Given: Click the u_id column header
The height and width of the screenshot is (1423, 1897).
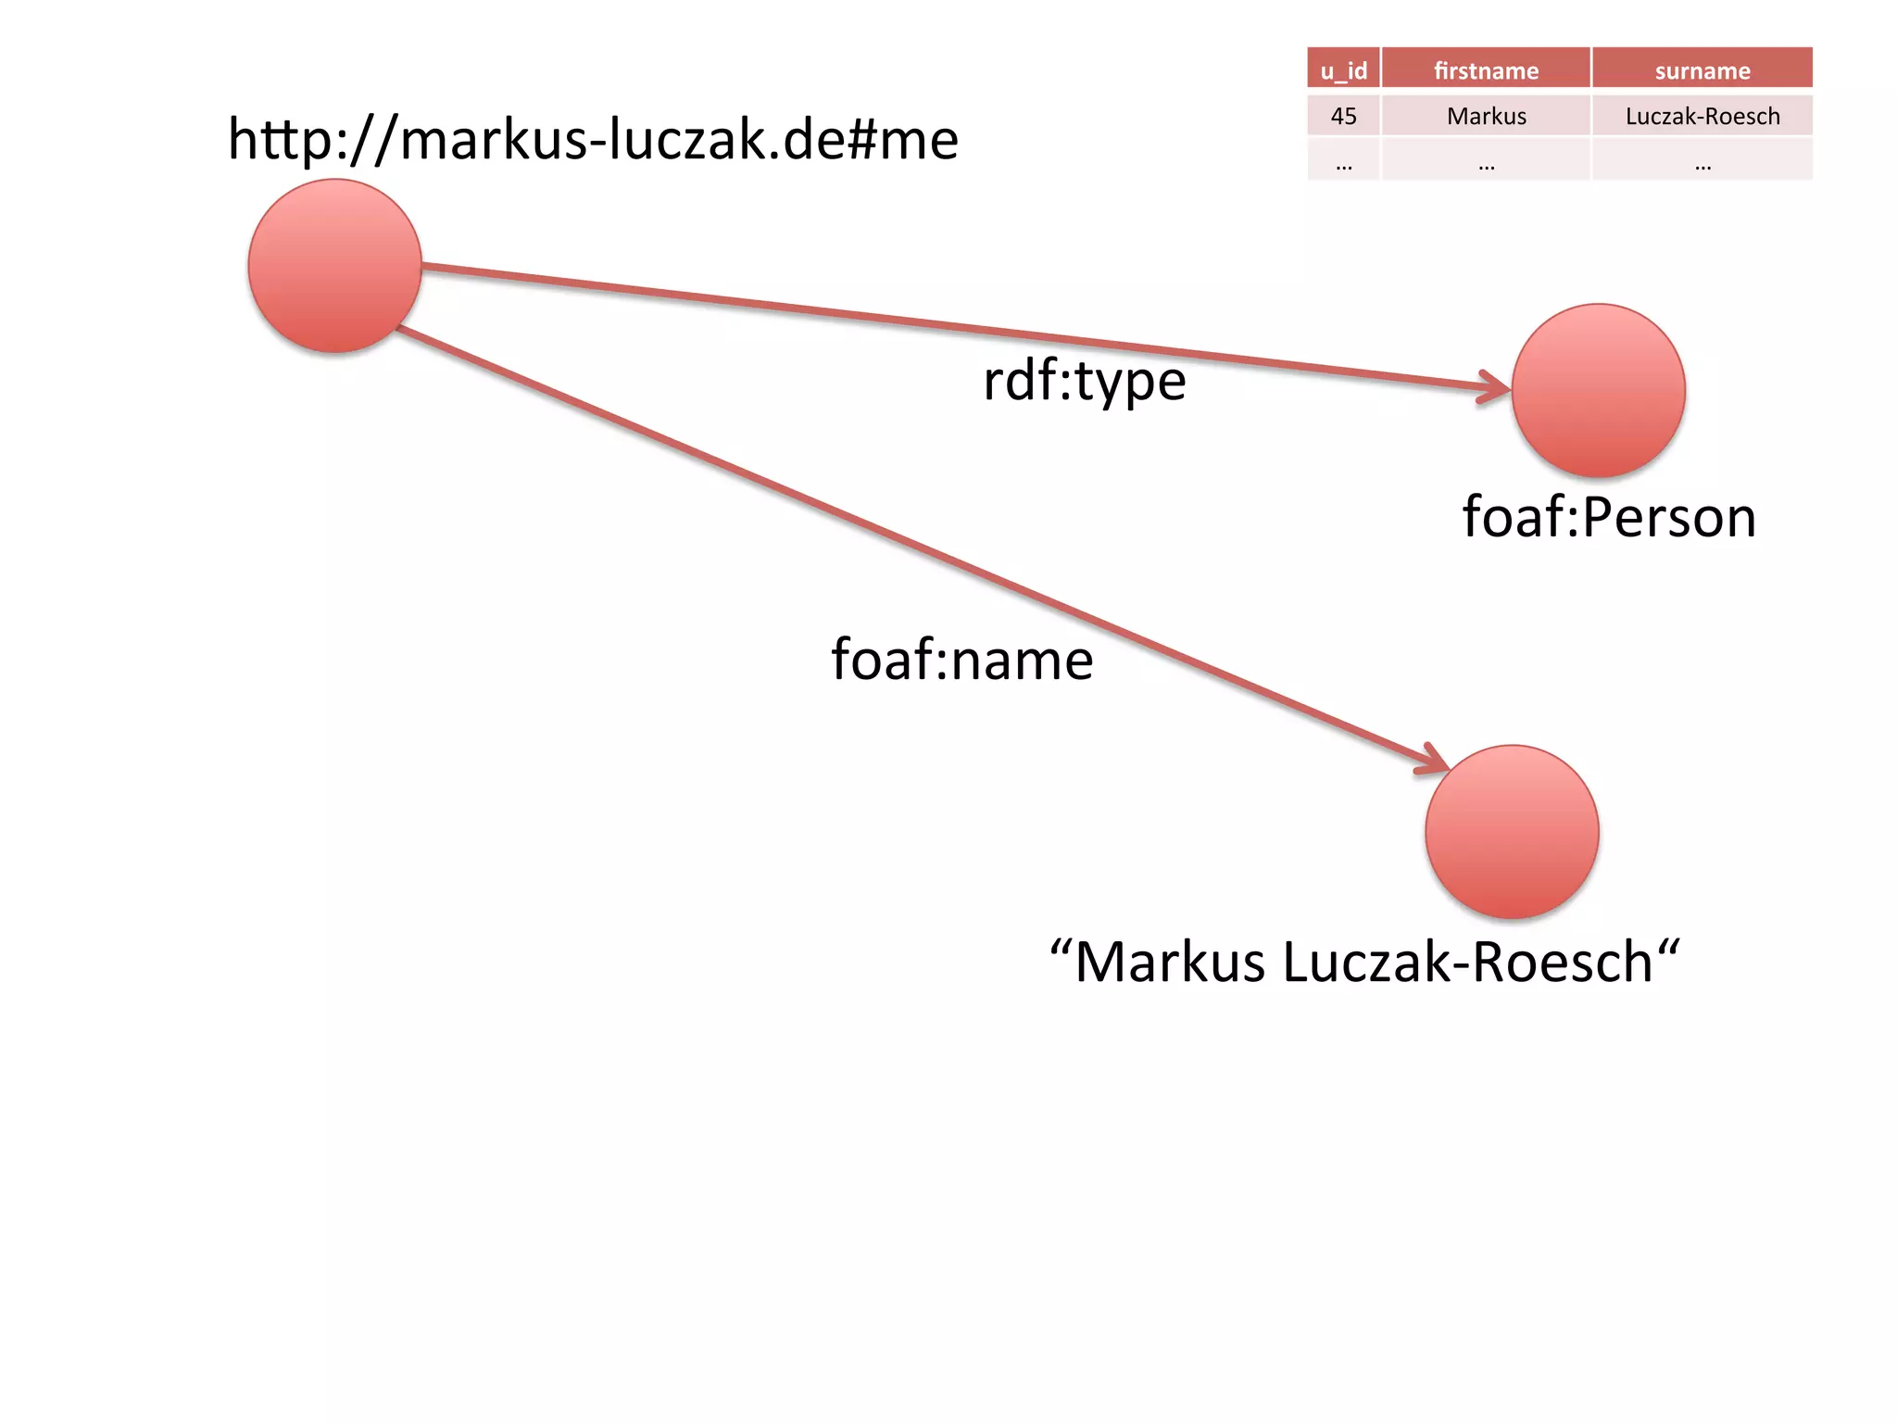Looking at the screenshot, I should tap(1343, 70).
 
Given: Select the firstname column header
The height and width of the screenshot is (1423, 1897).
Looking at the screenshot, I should tap(1486, 70).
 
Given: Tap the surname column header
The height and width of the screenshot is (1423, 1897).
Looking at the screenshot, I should tap(1702, 70).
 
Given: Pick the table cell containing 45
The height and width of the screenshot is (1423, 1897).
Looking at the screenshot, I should tap(1343, 116).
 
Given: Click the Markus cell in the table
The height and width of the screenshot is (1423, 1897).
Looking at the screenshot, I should tap(1486, 116).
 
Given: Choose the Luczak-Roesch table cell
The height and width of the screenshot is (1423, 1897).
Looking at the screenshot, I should tap(1702, 116).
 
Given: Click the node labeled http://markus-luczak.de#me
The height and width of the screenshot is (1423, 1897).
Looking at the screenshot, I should tap(334, 266).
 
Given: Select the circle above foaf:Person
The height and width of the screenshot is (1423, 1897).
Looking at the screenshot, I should tap(1598, 390).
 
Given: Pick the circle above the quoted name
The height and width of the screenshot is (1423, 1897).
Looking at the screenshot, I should tap(1512, 831).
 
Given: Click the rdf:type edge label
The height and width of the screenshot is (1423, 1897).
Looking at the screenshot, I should tap(1084, 381).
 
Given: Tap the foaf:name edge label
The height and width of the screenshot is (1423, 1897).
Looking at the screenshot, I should tap(961, 660).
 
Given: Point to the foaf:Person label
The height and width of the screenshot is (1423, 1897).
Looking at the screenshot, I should tap(1609, 517).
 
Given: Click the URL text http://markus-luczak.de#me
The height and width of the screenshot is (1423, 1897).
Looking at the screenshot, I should tap(593, 139).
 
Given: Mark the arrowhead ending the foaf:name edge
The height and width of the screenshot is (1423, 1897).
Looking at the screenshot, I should tap(1436, 762).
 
